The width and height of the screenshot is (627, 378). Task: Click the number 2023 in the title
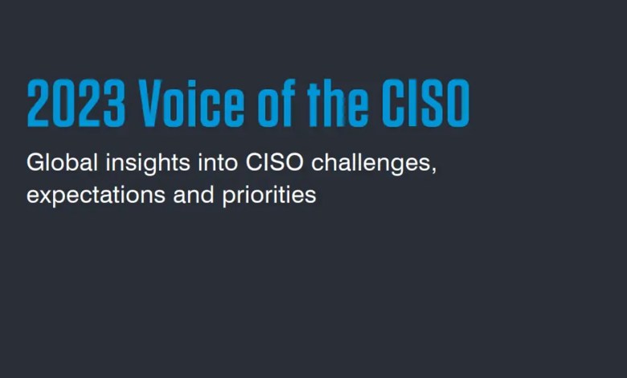76,103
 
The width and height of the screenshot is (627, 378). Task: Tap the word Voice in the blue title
191,103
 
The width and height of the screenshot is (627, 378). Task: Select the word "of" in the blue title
277,103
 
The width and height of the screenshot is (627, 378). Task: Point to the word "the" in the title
338,103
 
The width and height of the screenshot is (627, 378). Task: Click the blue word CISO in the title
425,103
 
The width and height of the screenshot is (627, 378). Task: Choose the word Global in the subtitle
62,162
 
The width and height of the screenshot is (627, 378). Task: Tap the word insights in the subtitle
148,164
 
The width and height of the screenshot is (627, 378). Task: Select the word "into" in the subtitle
218,162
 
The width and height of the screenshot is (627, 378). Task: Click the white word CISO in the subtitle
274,162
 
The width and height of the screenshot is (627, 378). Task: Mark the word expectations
96,196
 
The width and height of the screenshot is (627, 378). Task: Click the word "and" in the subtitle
194,195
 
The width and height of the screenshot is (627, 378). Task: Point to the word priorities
269,196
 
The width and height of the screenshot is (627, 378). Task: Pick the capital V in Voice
150,103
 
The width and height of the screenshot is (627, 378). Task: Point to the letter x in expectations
46,196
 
